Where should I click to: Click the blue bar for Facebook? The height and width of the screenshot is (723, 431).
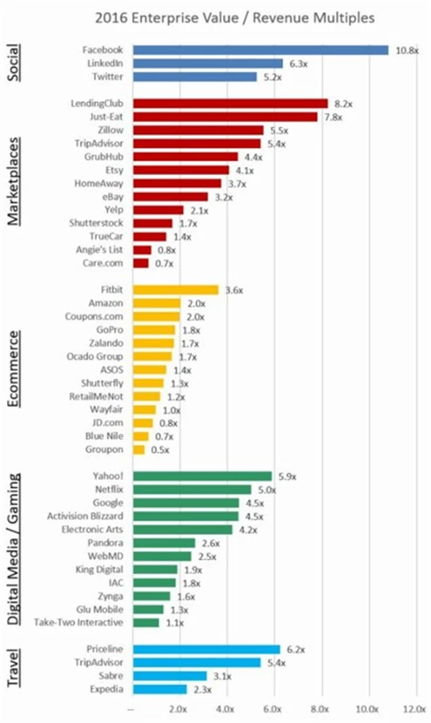pos(261,50)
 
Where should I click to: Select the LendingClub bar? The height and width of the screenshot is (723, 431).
pos(230,104)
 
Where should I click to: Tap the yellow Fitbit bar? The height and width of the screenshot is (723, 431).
pos(176,289)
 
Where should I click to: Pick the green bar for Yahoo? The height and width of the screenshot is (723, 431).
pos(203,476)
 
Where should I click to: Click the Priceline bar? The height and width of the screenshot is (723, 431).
pos(207,649)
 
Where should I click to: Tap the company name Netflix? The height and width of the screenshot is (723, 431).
pos(107,489)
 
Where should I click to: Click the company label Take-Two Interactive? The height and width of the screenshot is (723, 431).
pos(79,622)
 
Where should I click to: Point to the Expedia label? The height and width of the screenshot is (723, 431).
pos(106,689)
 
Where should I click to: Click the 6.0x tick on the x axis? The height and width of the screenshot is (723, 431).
pos(273,709)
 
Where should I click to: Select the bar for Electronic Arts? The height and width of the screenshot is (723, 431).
pos(183,529)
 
